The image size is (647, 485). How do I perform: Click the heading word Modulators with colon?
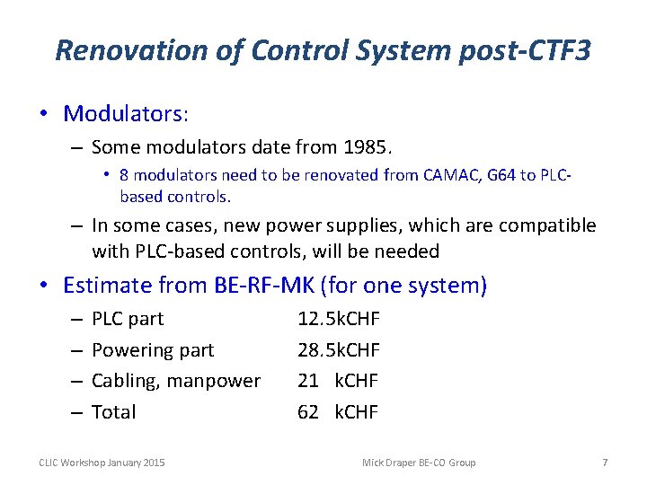(126, 114)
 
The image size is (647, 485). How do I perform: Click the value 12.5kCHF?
(339, 319)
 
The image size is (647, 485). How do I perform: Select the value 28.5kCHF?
(339, 349)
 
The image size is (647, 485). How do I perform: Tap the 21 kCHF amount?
(338, 381)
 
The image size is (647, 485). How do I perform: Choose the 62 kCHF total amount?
(338, 412)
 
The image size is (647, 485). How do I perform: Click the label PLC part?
(128, 319)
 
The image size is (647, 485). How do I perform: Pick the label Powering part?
(153, 349)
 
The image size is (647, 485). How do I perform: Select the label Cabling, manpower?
(176, 381)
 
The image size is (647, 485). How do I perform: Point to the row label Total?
(114, 412)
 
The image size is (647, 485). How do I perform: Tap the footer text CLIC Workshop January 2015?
(102, 463)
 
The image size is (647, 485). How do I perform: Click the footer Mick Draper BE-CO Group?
(419, 463)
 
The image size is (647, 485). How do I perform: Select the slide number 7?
(605, 463)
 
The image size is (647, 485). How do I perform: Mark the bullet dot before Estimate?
(44, 286)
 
